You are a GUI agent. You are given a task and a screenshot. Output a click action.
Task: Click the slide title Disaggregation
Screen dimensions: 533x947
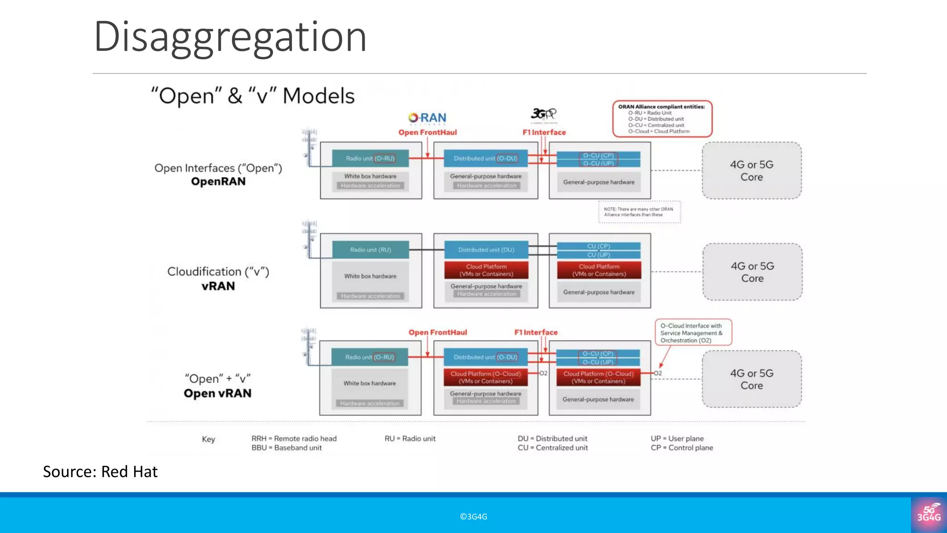[230, 37]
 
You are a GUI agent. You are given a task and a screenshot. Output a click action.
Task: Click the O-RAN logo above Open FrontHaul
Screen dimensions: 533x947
[427, 118]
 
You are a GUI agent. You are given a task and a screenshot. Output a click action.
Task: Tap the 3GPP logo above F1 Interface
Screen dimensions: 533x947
[543, 114]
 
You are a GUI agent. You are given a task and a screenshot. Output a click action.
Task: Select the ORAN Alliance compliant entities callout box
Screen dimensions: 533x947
[662, 119]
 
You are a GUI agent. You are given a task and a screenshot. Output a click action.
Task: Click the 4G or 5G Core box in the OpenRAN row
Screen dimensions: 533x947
[751, 171]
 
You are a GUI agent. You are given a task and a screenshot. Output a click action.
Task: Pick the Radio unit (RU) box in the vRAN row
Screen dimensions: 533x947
[370, 250]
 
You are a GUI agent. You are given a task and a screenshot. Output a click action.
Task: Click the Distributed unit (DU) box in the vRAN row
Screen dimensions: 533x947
[486, 250]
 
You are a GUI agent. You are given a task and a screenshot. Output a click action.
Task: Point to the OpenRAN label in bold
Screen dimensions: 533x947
[218, 181]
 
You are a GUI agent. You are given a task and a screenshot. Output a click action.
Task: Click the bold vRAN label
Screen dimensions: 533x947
[218, 286]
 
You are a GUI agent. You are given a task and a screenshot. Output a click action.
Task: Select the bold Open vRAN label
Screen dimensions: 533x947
[217, 393]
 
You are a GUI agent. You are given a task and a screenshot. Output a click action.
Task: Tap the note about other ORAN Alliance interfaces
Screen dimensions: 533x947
[639, 212]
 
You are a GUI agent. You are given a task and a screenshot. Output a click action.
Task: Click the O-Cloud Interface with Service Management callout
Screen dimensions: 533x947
[693, 333]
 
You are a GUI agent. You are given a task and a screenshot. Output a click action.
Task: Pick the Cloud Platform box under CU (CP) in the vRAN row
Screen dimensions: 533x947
[599, 270]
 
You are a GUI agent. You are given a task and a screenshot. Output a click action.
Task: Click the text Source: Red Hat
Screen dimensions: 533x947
[100, 471]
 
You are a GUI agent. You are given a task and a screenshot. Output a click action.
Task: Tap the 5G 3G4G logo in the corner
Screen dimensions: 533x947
[929, 514]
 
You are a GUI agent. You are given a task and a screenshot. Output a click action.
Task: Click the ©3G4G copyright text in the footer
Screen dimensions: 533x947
[473, 517]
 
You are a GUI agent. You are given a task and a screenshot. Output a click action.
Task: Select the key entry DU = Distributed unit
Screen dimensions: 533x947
[552, 438]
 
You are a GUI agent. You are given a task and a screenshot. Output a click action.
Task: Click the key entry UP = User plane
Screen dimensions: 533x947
[677, 438]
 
